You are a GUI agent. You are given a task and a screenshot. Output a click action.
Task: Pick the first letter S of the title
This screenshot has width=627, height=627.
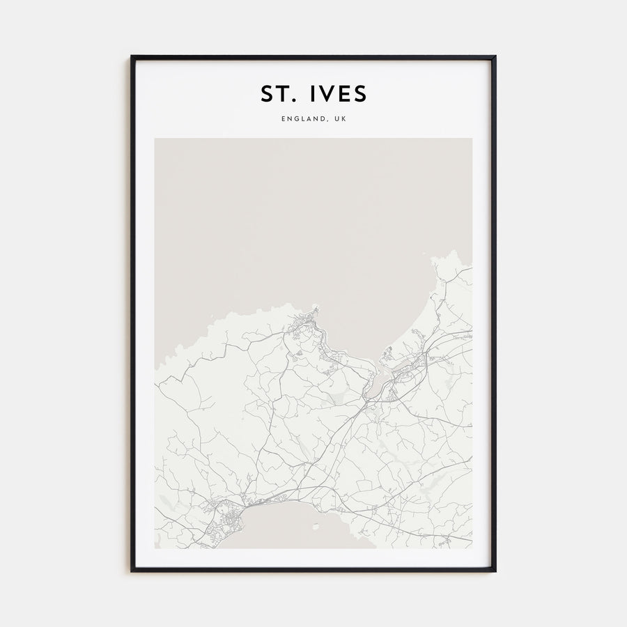[268, 93]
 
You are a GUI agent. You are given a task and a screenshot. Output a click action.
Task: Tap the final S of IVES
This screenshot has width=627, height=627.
[359, 93]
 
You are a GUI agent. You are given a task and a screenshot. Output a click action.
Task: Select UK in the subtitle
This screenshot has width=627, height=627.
[339, 119]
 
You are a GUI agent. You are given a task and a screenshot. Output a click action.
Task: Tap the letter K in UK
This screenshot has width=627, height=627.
[343, 119]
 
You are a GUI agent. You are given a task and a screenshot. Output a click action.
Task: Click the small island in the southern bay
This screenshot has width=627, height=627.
[315, 527]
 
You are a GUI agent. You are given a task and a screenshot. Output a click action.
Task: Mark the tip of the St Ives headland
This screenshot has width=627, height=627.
[316, 306]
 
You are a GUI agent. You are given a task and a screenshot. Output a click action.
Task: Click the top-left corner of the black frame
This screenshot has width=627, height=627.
[132, 56]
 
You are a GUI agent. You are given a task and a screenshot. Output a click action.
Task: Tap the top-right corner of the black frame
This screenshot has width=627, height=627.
[495, 56]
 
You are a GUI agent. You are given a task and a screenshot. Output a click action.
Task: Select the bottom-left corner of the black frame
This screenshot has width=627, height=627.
[132, 571]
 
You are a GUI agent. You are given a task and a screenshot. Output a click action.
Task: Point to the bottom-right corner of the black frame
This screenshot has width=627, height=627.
[495, 571]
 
